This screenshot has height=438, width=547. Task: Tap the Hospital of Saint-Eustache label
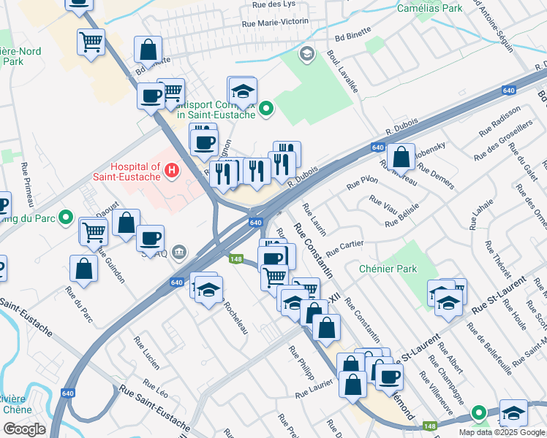(x=135, y=172)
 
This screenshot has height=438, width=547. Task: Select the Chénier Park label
(x=388, y=269)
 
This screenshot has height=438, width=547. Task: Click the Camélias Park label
(x=430, y=8)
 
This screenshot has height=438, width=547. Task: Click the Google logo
(x=24, y=429)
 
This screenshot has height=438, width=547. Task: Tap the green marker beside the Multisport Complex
(x=267, y=109)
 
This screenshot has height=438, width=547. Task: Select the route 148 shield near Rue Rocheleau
(x=235, y=259)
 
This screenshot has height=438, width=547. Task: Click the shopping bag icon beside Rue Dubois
(x=401, y=156)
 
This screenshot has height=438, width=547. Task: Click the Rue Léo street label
(x=156, y=387)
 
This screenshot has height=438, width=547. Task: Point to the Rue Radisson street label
(x=500, y=122)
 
